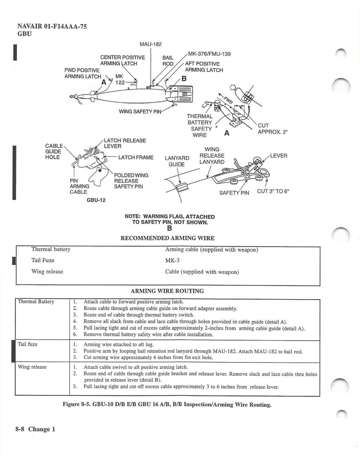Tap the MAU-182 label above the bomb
tap(150, 44)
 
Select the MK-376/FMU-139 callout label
tap(209, 54)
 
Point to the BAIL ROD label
tap(168, 61)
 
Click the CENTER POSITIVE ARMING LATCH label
tap(123, 60)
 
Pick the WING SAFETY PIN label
tap(140, 111)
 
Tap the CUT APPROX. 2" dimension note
tap(273, 129)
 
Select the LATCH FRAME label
tap(136, 157)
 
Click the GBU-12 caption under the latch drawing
tap(96, 200)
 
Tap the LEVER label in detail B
tap(278, 155)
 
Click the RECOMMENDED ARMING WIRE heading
tap(167, 238)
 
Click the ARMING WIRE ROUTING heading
tap(167, 291)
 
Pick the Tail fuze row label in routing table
tap(27, 344)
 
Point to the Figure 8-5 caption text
tap(170, 404)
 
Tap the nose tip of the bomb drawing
tap(70, 96)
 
